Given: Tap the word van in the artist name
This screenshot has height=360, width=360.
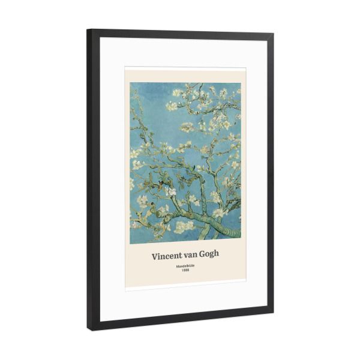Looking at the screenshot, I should (x=193, y=254).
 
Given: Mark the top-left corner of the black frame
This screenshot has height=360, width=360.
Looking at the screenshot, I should (x=88, y=29).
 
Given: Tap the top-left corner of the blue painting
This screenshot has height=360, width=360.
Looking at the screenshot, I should (x=130, y=83).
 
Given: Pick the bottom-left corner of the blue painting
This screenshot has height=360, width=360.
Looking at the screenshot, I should (x=130, y=243).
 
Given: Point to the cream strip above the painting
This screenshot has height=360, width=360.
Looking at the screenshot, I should (x=185, y=74).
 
